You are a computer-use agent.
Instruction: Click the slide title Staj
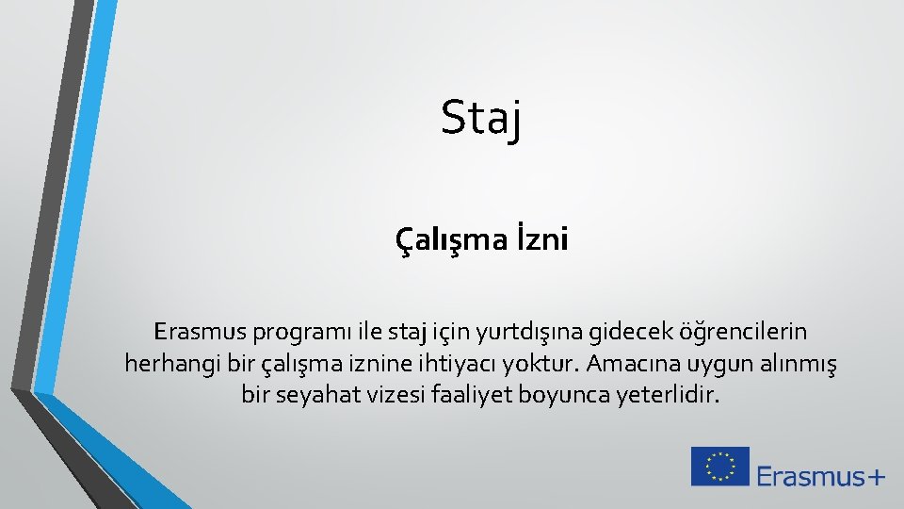(480, 119)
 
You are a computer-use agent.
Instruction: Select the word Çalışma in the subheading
(445, 242)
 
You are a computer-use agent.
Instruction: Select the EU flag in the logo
(720, 467)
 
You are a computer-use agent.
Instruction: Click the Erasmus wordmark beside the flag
(809, 476)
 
